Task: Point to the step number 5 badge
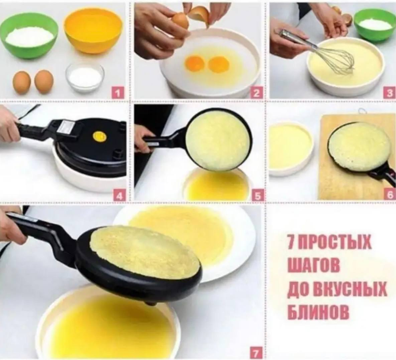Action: coord(258,196)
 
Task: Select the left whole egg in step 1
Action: coord(22,82)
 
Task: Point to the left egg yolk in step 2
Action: coord(195,63)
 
